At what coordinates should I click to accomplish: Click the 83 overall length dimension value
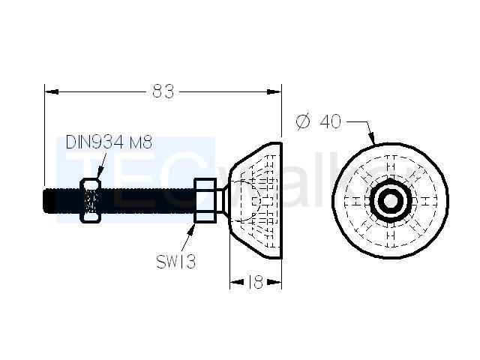coord(163,91)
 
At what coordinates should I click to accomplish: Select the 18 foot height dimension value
coord(255,282)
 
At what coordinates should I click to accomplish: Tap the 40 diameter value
coord(330,121)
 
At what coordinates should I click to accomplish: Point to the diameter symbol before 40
coord(303,121)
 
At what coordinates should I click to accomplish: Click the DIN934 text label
coord(95,142)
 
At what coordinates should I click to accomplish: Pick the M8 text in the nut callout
coord(140,142)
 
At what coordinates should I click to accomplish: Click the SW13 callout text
coord(175,262)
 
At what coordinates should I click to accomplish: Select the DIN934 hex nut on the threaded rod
coord(91,200)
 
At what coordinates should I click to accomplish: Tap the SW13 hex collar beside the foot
coord(205,200)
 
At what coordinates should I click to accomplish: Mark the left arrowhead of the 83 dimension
coord(52,91)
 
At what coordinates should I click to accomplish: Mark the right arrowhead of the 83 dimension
coord(274,91)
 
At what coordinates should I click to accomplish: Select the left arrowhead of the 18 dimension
coord(237,282)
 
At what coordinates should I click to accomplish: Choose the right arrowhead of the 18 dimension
coord(274,282)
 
